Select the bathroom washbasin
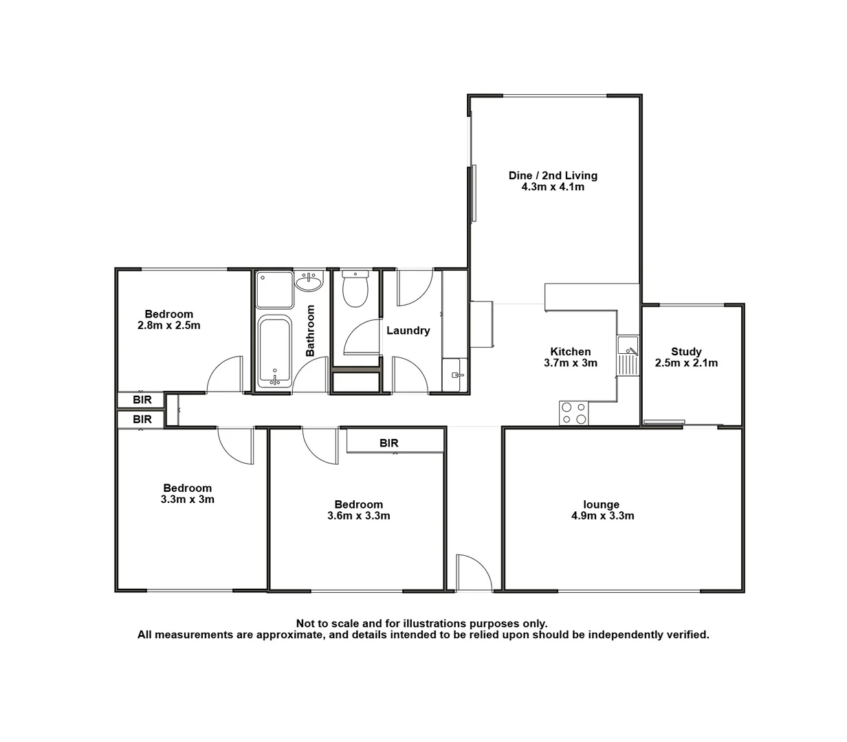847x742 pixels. click(309, 281)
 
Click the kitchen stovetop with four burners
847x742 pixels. click(574, 413)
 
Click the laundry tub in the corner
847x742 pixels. click(454, 375)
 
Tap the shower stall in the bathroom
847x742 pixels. click(274, 289)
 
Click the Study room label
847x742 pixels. click(686, 352)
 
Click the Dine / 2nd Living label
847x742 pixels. click(553, 175)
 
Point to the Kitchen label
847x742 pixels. click(571, 352)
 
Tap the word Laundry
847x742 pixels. click(408, 330)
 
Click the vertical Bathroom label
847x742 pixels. click(310, 330)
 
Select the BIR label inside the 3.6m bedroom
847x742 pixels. click(389, 443)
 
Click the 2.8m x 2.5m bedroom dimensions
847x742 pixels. click(169, 326)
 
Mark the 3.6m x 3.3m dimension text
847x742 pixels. click(359, 515)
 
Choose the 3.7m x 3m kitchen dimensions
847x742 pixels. click(571, 363)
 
